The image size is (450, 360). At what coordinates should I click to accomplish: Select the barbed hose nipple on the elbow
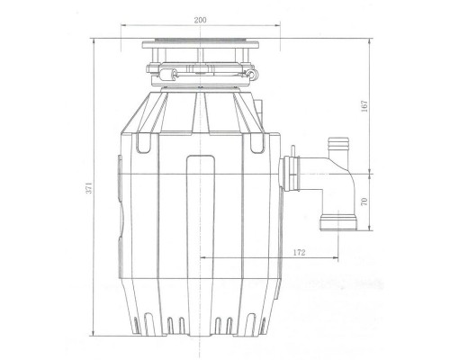339,143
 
